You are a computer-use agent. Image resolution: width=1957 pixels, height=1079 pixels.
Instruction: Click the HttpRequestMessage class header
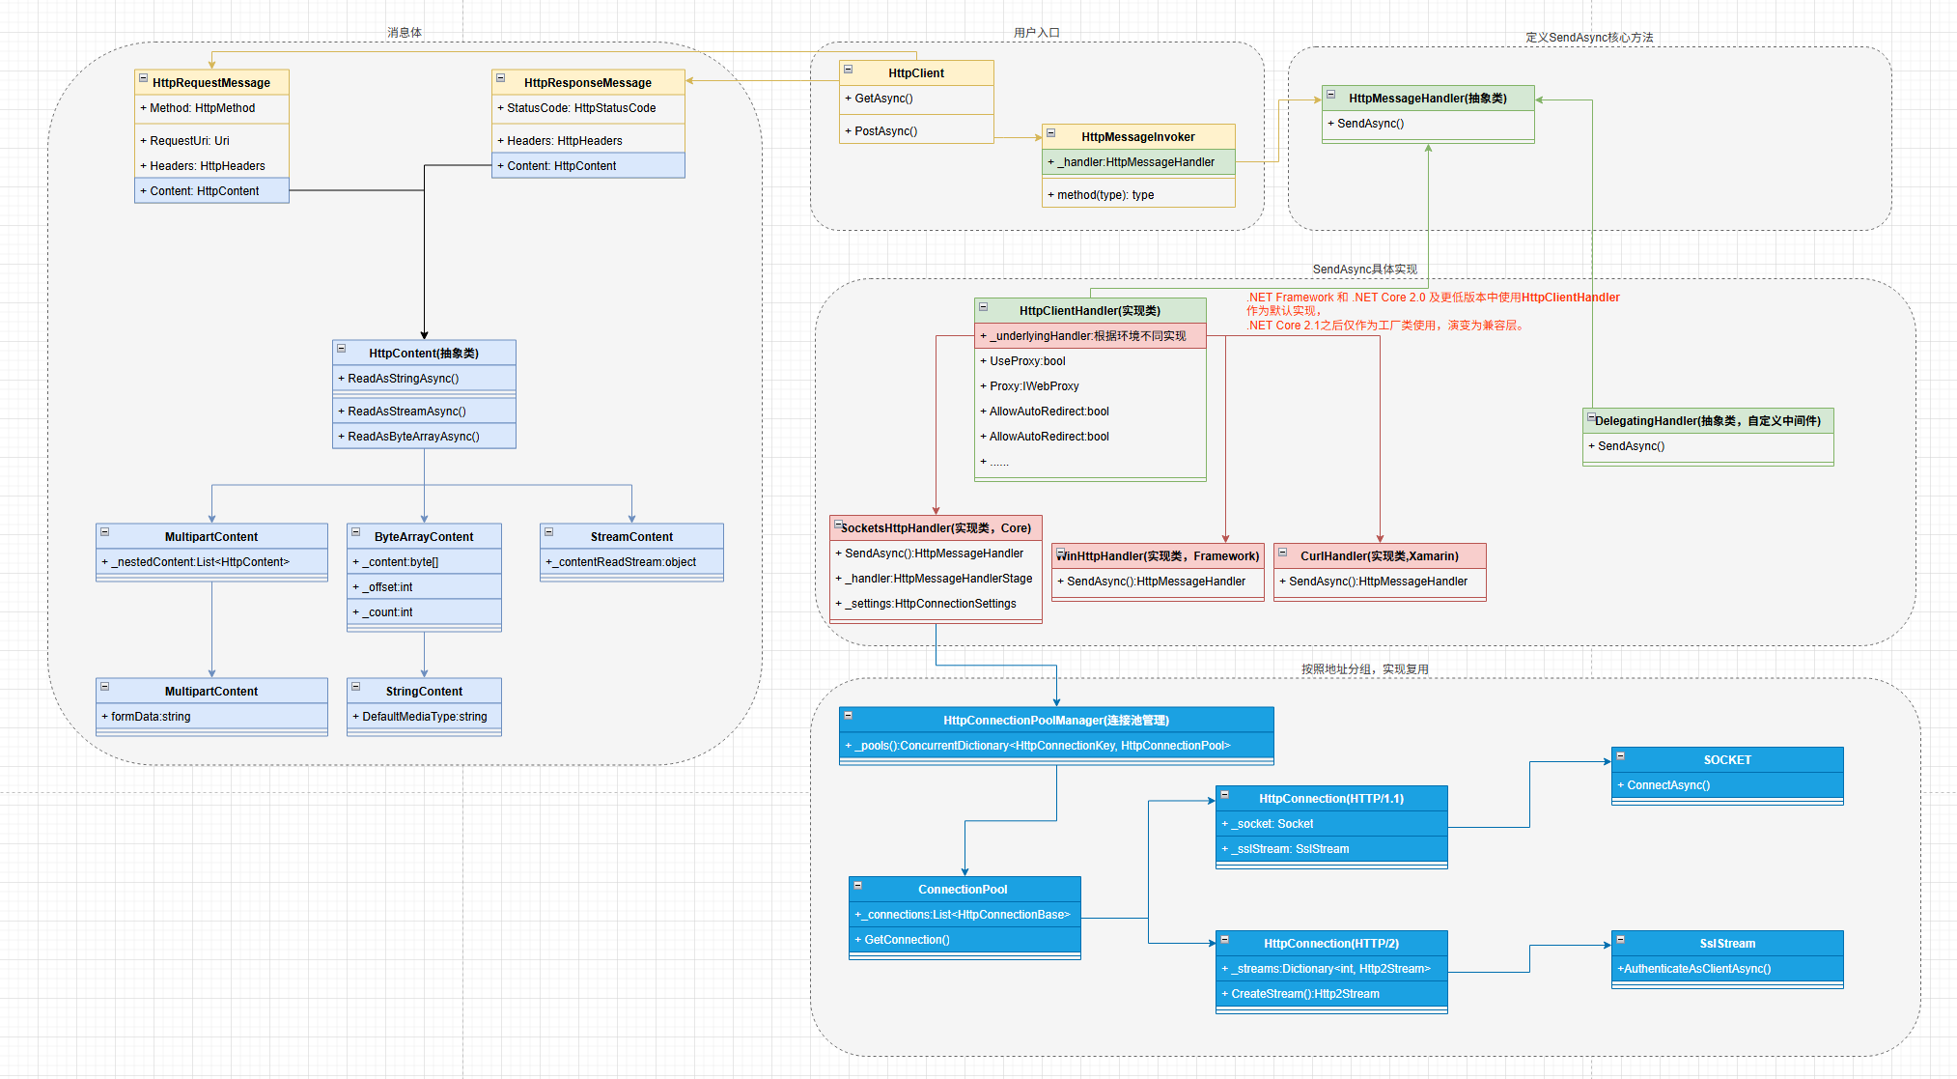211,82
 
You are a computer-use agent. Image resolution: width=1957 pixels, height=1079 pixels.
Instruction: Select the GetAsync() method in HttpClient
883,99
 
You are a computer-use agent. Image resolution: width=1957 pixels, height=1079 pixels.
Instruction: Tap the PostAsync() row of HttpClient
885,131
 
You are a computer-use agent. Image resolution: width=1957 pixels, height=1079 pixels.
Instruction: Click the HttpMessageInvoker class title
1137,136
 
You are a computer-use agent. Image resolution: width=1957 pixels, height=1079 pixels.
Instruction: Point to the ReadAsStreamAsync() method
406,412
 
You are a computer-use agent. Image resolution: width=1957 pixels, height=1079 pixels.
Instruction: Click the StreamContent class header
631,536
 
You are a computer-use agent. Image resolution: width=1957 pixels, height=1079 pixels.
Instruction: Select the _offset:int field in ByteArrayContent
390,587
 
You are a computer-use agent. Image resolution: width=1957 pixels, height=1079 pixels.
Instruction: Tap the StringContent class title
424,691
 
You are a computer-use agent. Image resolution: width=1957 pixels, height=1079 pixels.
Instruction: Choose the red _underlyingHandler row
1088,336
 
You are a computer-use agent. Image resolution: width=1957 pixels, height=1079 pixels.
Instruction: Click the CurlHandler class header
1379,555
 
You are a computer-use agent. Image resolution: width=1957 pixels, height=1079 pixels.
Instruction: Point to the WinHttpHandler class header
1158,555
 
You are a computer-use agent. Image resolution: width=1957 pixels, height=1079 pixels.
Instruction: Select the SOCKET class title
1726,759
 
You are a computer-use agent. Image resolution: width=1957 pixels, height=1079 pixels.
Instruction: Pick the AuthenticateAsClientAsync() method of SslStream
1696,969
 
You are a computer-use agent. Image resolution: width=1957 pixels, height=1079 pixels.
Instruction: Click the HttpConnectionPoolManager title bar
1055,720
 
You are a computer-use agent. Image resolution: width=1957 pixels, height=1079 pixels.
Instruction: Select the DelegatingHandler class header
1707,420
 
